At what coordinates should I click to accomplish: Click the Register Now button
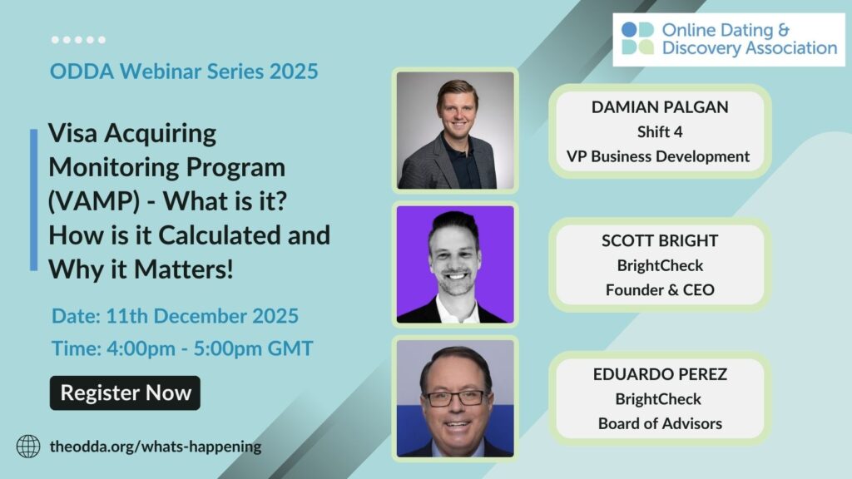pos(125,393)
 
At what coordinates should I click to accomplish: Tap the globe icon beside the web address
pos(28,447)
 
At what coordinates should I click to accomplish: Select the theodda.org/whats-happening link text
pos(156,447)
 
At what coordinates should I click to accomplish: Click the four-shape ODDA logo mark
pos(637,38)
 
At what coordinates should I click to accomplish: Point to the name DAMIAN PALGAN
pos(660,107)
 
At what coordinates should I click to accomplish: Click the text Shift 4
pos(660,132)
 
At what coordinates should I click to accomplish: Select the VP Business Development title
pos(658,156)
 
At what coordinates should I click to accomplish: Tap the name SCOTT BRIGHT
pos(660,240)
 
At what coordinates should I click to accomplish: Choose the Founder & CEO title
pos(660,290)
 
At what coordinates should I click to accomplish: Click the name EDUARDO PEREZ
pos(660,374)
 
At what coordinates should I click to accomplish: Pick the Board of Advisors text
pos(660,423)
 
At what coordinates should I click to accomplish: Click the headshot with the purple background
pos(455,264)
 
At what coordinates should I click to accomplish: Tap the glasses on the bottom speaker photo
pos(455,398)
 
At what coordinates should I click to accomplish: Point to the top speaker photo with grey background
pos(455,131)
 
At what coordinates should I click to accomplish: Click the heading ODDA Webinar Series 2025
pos(184,72)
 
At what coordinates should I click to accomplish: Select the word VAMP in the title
pos(94,201)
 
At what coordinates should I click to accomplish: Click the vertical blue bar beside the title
pos(33,200)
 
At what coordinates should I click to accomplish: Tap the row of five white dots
pos(78,40)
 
